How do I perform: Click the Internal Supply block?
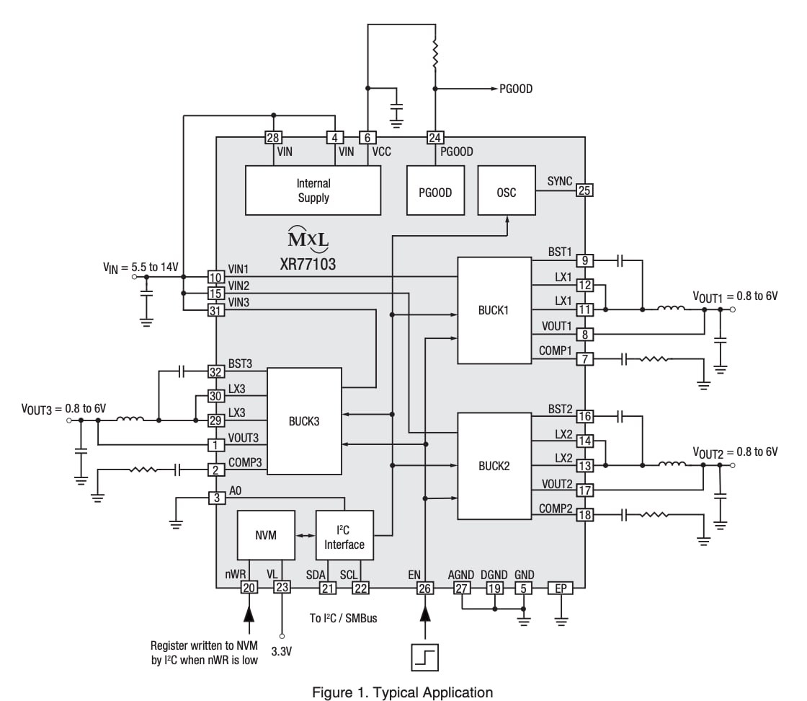click(x=313, y=190)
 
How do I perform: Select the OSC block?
click(x=507, y=193)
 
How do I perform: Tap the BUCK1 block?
click(x=494, y=311)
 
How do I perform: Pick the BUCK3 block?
click(x=304, y=421)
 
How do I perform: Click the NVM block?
click(x=266, y=535)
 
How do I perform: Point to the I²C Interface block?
click(x=344, y=535)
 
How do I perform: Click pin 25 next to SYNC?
click(x=585, y=190)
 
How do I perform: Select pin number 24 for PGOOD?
click(x=434, y=138)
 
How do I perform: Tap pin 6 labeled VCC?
click(x=367, y=138)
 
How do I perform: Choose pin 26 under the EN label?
click(x=425, y=588)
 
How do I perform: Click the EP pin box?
click(x=561, y=588)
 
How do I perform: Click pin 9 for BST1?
click(x=585, y=260)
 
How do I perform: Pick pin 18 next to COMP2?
click(x=585, y=515)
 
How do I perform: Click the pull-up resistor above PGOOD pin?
click(x=434, y=51)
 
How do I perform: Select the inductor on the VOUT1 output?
click(x=670, y=310)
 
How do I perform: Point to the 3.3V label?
click(x=282, y=651)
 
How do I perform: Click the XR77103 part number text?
click(x=308, y=264)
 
